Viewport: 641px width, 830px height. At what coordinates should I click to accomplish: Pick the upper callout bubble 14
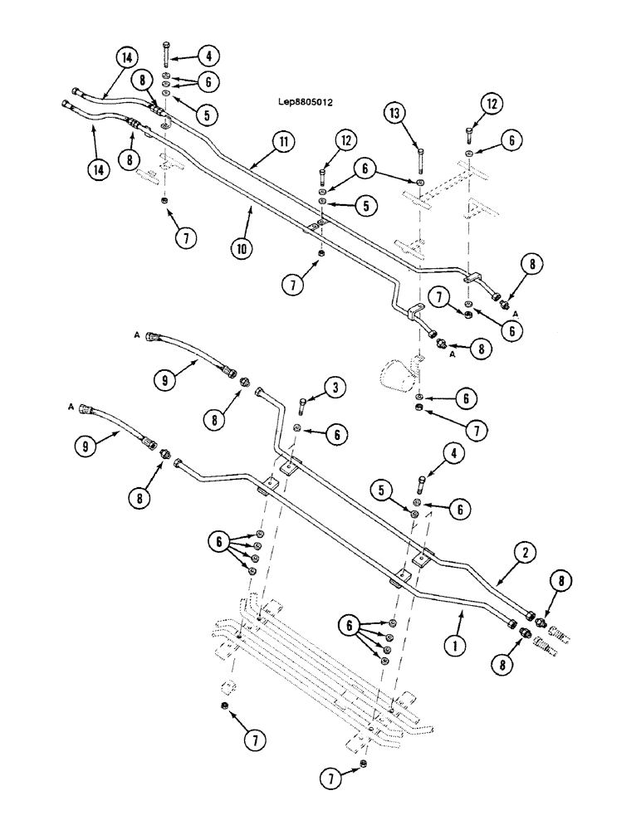125,57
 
